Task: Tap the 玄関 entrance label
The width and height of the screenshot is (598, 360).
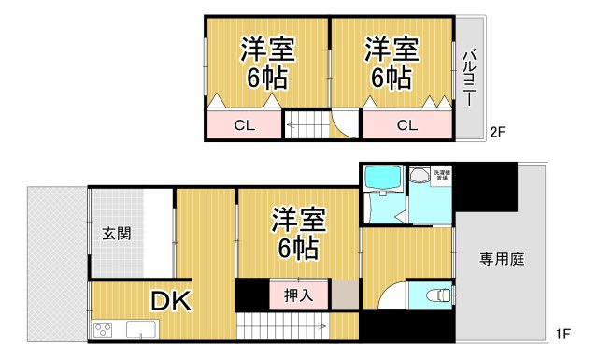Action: (117, 233)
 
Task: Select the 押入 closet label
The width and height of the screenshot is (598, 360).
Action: (298, 295)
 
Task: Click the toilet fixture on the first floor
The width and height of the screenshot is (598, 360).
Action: (435, 295)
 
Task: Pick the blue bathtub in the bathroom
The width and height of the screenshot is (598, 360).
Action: (380, 178)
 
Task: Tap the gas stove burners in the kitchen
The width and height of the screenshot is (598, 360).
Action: (104, 329)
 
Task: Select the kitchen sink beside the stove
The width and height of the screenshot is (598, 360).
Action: (140, 329)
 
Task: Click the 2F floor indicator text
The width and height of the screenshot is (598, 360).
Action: (497, 132)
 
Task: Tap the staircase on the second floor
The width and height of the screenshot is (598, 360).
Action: (307, 124)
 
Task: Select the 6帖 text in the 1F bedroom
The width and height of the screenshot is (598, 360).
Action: (298, 249)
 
